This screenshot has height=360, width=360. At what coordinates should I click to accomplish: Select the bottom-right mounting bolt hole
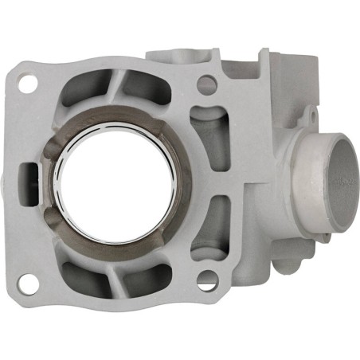[206, 280]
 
